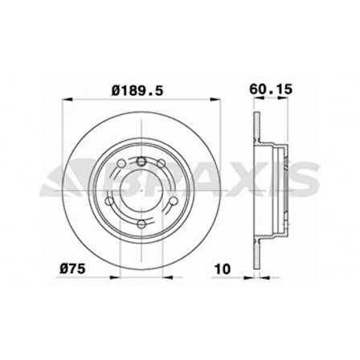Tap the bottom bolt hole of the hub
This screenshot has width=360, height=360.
tap(141, 224)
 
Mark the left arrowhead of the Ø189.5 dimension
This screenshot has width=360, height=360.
tap(66, 100)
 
